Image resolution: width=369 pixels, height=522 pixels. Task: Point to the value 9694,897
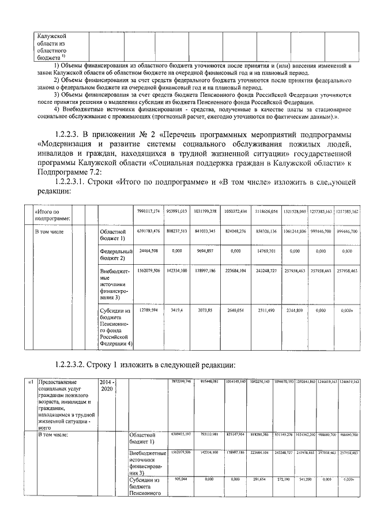tap(206, 251)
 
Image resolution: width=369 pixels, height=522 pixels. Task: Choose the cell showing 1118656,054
tap(265, 212)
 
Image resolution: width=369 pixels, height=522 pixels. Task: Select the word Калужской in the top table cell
tap(49, 36)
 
